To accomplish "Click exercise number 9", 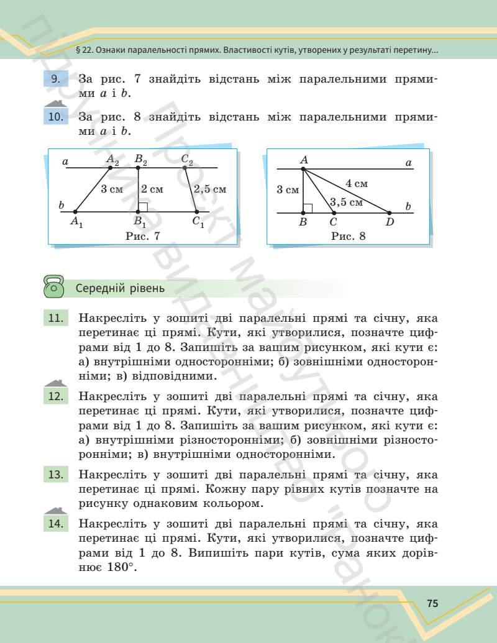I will tap(55, 80).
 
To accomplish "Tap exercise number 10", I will tap(55, 117).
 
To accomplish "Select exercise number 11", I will tap(55, 319).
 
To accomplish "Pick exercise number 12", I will tap(55, 396).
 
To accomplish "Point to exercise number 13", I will tap(55, 475).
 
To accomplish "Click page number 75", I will tap(433, 604).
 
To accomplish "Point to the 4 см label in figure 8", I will tap(357, 183).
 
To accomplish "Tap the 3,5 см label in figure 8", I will tap(346, 202).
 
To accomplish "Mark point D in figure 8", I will tap(390, 212).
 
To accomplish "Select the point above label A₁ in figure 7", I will tap(76, 212).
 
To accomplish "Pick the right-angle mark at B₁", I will tap(143, 207).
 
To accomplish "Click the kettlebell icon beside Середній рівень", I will tap(54, 287).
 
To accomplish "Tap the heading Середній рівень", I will tap(120, 288).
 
